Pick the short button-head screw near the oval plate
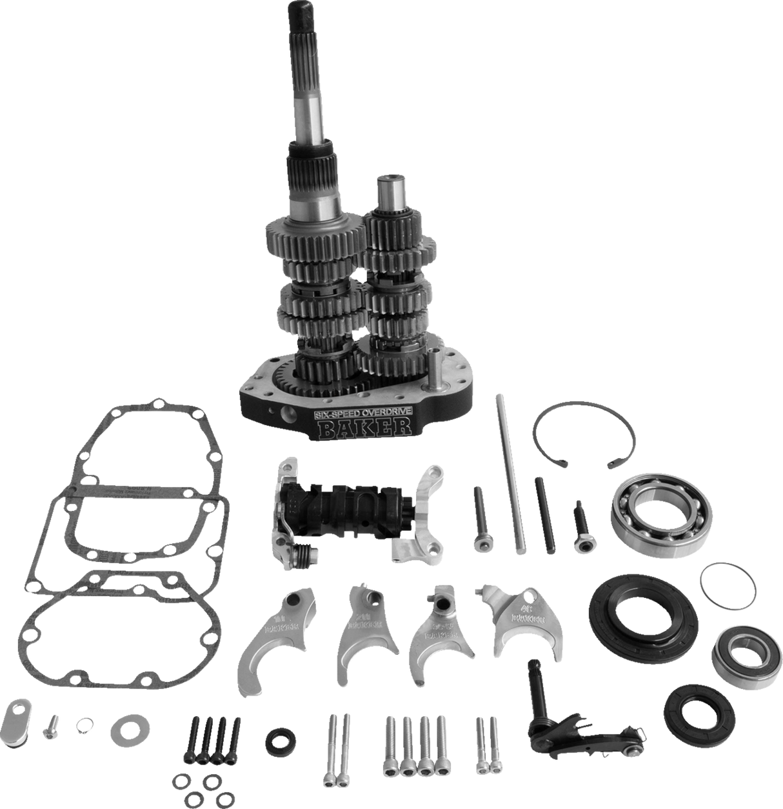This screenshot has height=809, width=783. click(51, 724)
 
